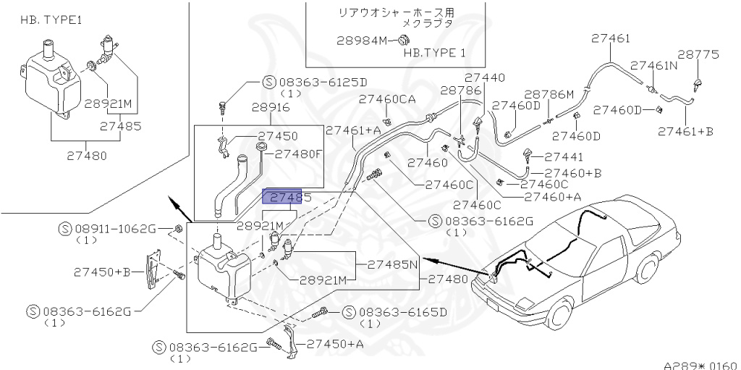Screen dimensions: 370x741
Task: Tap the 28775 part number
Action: click(698, 54)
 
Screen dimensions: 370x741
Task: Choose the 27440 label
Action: click(484, 77)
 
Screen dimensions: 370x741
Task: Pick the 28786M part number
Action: click(549, 94)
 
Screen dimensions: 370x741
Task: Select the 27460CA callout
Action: click(386, 98)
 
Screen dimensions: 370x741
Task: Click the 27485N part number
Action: click(393, 264)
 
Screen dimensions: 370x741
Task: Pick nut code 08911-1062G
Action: click(115, 229)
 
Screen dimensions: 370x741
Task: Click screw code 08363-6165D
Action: click(402, 312)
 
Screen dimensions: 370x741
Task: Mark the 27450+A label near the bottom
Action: click(335, 344)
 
